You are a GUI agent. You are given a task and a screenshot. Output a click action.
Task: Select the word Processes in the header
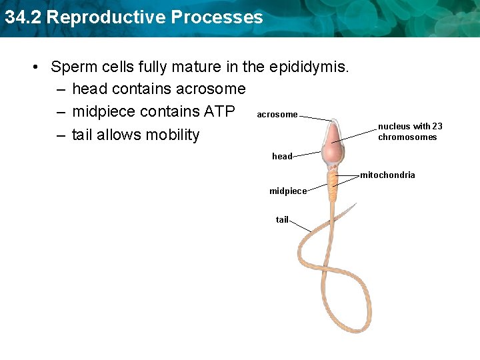[x=216, y=17]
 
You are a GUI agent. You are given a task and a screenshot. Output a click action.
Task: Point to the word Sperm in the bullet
[x=73, y=67]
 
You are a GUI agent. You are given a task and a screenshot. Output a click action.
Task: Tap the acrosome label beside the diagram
[x=277, y=115]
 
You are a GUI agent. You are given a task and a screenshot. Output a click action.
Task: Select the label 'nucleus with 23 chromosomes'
[x=409, y=131]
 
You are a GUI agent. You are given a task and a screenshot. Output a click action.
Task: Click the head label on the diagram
[x=282, y=157]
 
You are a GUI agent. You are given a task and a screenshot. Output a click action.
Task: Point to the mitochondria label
[x=387, y=175]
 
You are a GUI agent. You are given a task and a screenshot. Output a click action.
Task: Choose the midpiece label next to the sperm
[x=288, y=191]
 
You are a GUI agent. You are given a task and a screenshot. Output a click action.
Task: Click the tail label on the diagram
[x=282, y=219]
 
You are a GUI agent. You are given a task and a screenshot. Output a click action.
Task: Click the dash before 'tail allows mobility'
[x=61, y=135]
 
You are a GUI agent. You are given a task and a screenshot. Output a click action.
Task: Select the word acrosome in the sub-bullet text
[x=211, y=89]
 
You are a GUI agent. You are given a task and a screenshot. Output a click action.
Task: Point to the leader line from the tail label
[x=300, y=226]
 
